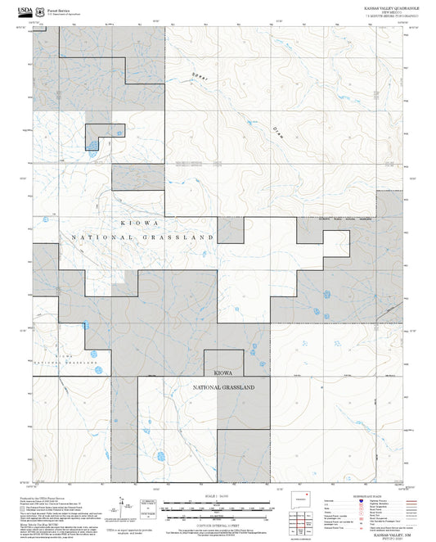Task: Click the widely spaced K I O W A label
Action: click(x=137, y=222)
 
